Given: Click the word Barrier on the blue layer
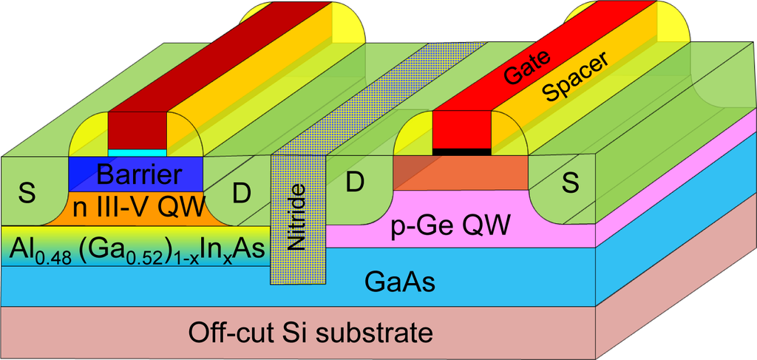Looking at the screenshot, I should click(x=138, y=175).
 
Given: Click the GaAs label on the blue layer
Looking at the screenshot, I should click(x=399, y=282).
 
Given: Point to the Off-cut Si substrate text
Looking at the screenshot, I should click(x=310, y=331).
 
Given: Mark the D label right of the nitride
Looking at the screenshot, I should click(x=354, y=183).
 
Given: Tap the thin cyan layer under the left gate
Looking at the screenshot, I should click(x=138, y=152).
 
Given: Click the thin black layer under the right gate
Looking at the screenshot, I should click(x=461, y=151).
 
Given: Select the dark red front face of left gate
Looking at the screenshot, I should click(x=138, y=131).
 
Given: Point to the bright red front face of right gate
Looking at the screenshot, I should click(x=461, y=129).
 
